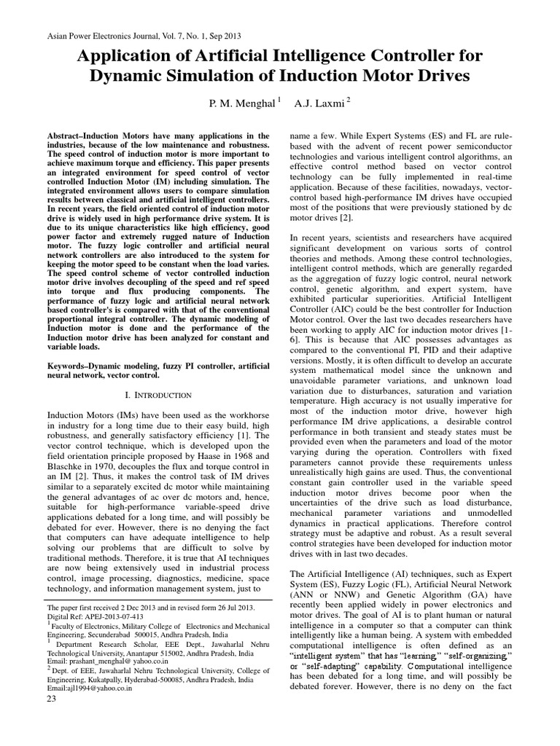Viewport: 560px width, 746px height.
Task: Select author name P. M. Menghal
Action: click(240, 104)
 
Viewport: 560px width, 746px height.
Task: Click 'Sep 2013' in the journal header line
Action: click(223, 36)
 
